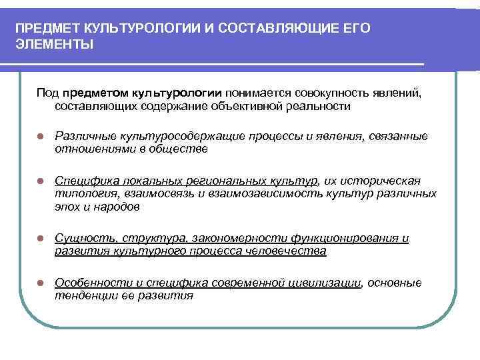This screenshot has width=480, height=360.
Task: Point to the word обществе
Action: (179, 149)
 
